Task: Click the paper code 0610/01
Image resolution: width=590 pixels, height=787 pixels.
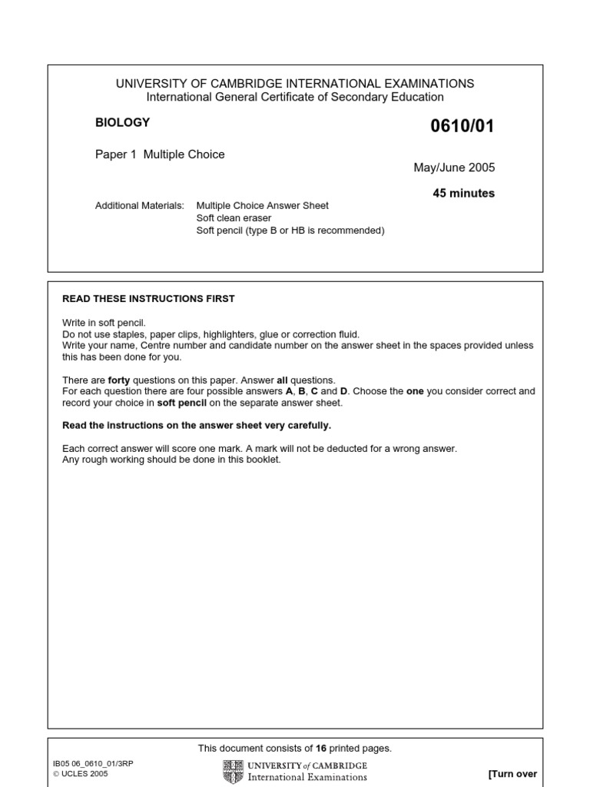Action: point(463,126)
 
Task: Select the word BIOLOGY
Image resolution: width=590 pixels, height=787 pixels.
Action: point(122,122)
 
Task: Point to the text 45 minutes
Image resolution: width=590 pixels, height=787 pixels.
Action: point(464,193)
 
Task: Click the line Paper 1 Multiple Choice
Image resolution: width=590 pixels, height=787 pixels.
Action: point(160,154)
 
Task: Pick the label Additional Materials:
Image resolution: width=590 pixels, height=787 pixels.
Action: point(139,206)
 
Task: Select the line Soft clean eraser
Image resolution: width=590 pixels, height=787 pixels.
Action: point(234,218)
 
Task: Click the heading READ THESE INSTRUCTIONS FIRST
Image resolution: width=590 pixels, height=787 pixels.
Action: point(148,299)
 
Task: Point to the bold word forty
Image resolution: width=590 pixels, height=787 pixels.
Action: point(119,380)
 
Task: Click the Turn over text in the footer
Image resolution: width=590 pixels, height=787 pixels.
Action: point(512,774)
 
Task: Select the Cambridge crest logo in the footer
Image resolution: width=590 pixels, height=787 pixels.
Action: point(233,772)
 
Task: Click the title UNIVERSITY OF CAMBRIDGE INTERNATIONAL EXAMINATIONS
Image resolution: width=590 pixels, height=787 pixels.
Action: point(295,84)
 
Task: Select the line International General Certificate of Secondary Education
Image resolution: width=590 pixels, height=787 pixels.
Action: point(295,97)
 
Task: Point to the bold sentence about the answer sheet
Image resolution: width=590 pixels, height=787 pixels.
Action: point(197,426)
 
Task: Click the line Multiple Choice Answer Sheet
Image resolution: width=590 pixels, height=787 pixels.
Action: point(263,206)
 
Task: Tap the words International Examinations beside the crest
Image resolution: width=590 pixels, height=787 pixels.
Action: point(307,777)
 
